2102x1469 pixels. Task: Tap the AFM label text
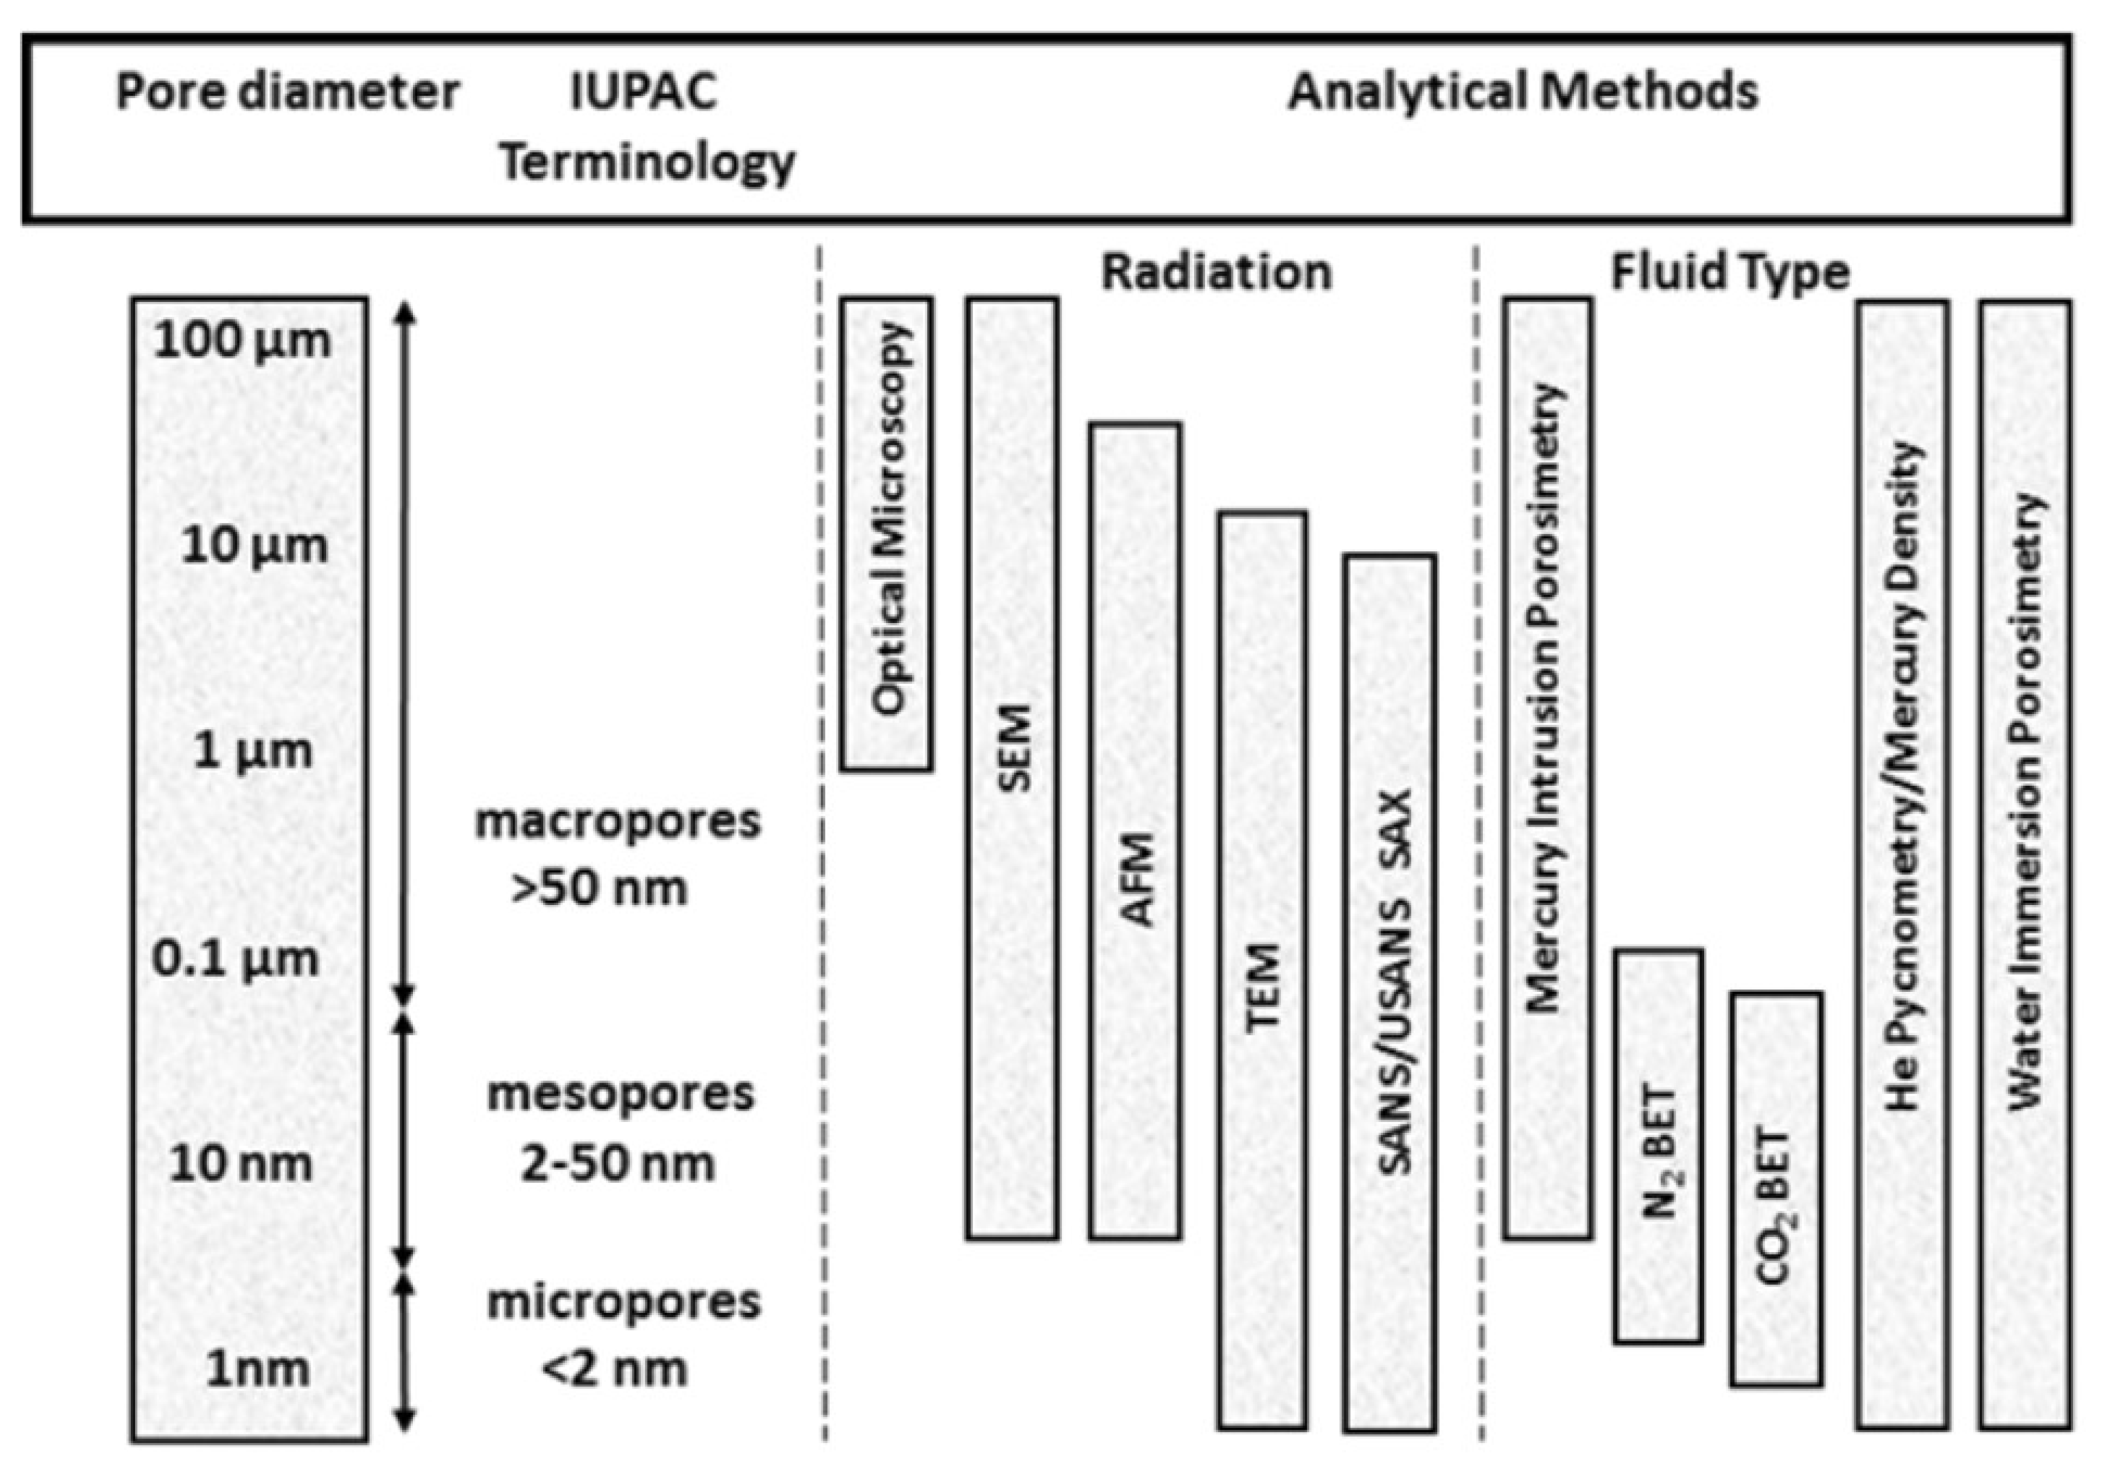tap(1136, 880)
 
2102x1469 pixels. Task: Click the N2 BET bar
tap(1659, 1146)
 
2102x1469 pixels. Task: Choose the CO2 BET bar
tap(1776, 1189)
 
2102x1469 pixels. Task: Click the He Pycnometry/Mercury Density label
tap(1902, 777)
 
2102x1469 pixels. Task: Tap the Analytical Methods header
tap(1523, 92)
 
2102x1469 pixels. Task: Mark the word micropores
tap(623, 1301)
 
